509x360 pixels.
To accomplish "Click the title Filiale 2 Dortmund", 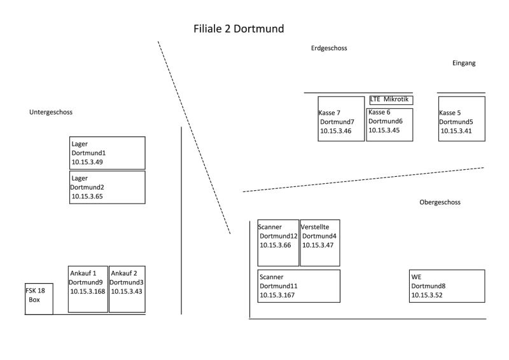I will (x=239, y=29).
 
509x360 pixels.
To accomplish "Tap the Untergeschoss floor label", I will (x=51, y=112).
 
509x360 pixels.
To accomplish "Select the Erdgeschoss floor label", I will (x=329, y=48).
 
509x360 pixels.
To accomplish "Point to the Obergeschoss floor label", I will (x=440, y=202).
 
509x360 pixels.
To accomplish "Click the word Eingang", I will (x=464, y=63).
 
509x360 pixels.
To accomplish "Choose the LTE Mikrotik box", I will (x=391, y=100).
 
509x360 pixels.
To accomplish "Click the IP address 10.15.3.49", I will (x=87, y=162).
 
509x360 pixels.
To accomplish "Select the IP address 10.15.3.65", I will (x=87, y=197).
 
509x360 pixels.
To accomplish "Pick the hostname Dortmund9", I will (x=86, y=282).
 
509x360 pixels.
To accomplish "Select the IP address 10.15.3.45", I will (x=384, y=130).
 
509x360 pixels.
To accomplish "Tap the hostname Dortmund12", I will (x=279, y=236).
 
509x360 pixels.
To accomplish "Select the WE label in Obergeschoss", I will (x=417, y=277).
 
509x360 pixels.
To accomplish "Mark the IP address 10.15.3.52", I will (x=427, y=295).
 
